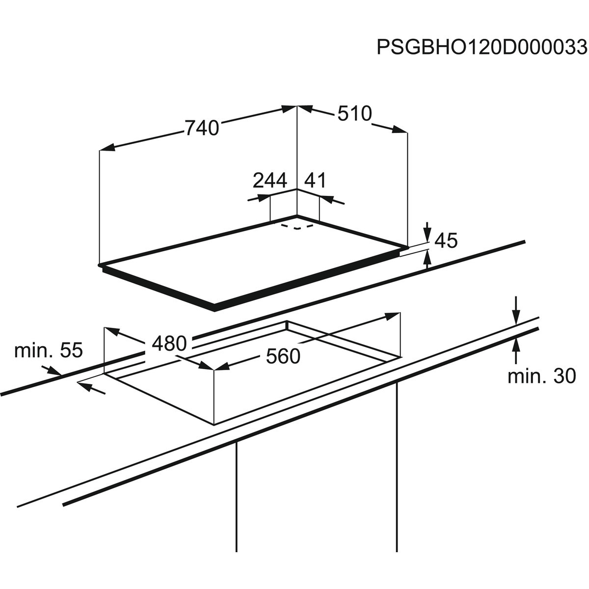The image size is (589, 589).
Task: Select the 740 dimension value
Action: click(201, 128)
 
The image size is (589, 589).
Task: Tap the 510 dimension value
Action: click(354, 114)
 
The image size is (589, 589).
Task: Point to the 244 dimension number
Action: click(269, 181)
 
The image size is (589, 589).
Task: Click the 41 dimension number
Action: click(315, 181)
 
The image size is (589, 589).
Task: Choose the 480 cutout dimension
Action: click(169, 343)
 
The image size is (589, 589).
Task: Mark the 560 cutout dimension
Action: click(283, 356)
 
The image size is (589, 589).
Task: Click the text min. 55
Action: click(49, 350)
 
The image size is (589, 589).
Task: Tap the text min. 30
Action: click(541, 376)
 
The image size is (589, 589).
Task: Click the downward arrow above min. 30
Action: click(515, 317)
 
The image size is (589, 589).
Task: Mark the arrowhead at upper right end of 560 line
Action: click(393, 316)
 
